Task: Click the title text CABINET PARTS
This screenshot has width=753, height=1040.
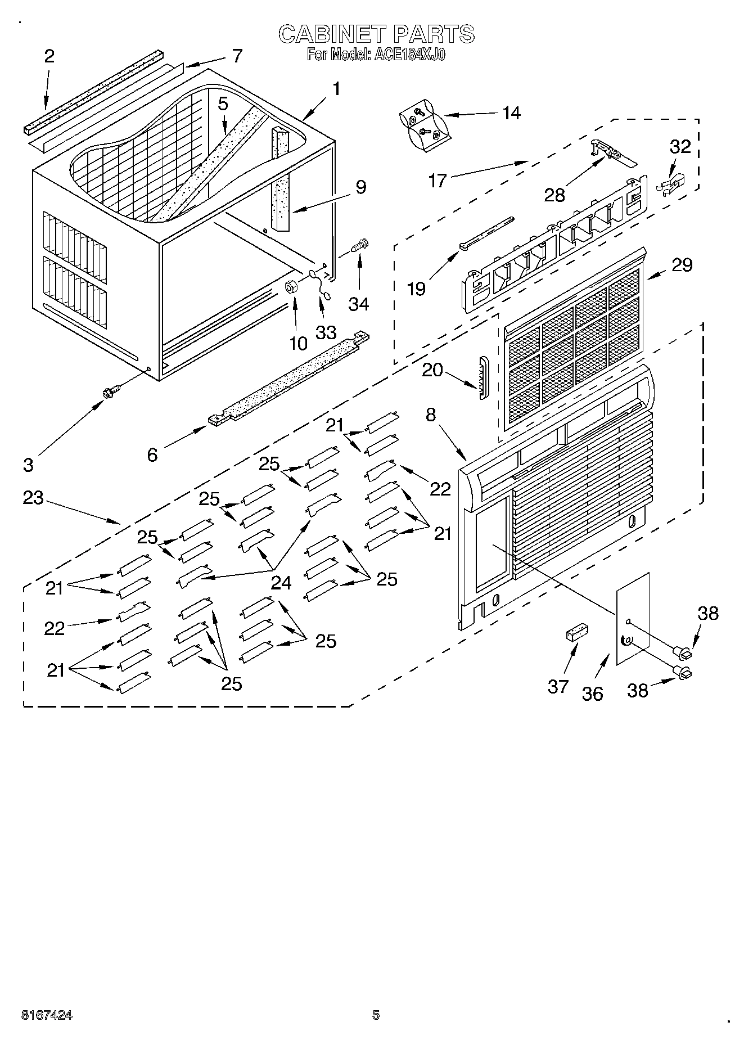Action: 376,34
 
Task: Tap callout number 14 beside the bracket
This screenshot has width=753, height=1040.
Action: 511,113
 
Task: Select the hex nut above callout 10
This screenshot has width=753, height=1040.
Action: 291,286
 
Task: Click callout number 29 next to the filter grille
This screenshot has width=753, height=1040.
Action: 682,265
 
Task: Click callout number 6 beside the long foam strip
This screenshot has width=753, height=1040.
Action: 152,454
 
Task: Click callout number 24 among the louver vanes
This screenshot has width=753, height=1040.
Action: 281,583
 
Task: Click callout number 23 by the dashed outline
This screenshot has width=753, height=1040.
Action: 33,497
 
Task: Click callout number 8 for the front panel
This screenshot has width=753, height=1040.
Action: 431,415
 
